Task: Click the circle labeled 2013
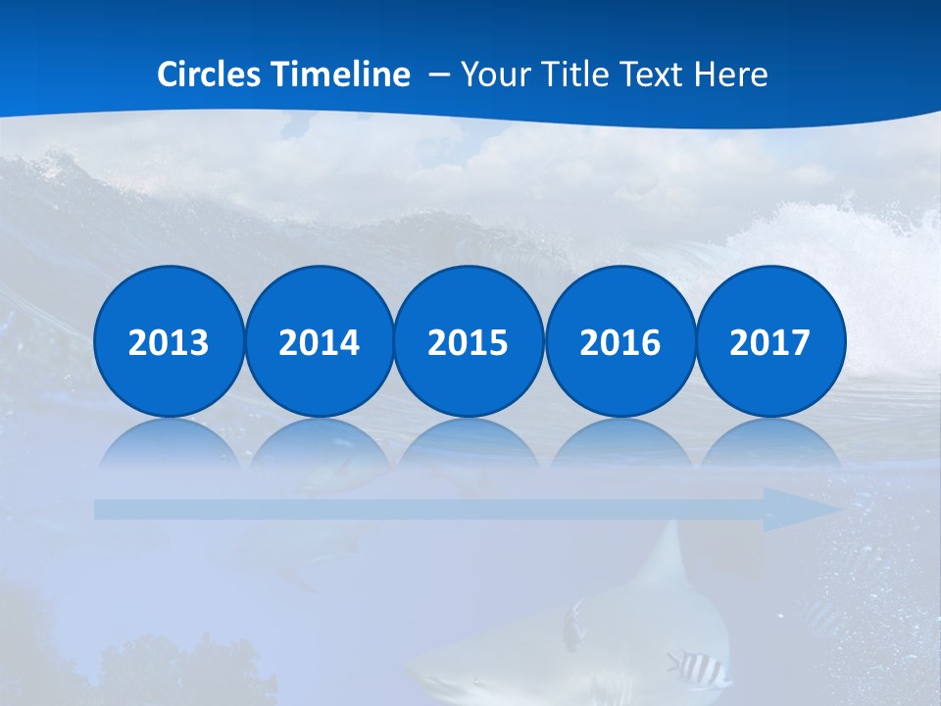click(x=169, y=341)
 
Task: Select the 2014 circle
click(x=319, y=341)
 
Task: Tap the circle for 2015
click(x=469, y=341)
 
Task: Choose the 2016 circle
click(x=619, y=341)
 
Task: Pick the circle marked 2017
click(x=770, y=341)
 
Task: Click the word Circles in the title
click(x=211, y=74)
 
